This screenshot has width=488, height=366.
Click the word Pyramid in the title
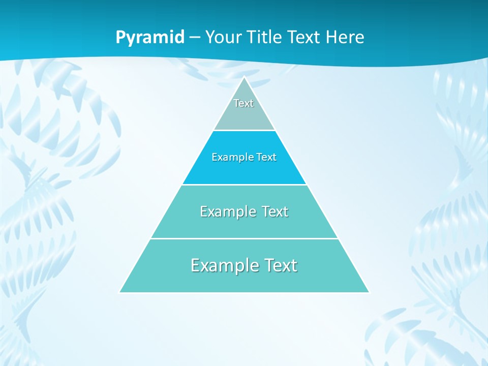pyautogui.click(x=150, y=38)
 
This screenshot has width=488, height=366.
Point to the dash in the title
pyautogui.click(x=195, y=38)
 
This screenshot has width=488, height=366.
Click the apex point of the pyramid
pyautogui.click(x=245, y=77)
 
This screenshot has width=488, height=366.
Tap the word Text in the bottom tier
pyautogui.click(x=279, y=265)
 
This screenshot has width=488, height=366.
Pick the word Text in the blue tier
pyautogui.click(x=266, y=158)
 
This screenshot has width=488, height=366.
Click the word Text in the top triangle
pyautogui.click(x=243, y=103)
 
